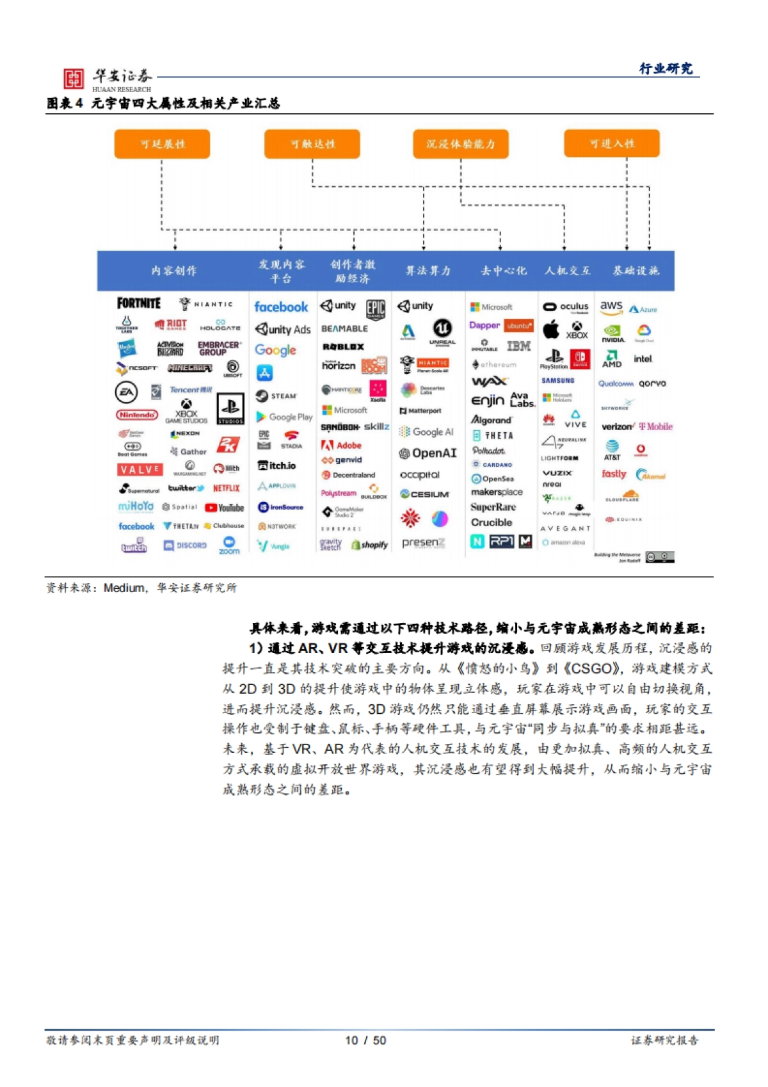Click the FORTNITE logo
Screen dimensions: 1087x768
click(x=139, y=303)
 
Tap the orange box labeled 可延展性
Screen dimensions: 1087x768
click(x=162, y=144)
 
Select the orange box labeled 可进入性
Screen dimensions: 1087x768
click(x=612, y=143)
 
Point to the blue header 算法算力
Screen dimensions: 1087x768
click(x=428, y=271)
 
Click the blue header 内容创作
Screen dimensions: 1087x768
click(x=173, y=271)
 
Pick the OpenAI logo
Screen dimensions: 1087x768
click(x=428, y=453)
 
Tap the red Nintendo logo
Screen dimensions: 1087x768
click(x=136, y=415)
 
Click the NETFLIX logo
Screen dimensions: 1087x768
click(x=226, y=488)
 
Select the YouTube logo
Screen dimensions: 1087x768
click(x=225, y=508)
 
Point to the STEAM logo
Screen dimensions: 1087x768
click(x=276, y=396)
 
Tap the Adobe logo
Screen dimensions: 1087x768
click(x=342, y=446)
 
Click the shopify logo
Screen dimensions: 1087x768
click(x=369, y=545)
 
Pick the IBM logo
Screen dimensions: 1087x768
click(x=518, y=346)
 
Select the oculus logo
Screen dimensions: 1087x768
click(x=566, y=307)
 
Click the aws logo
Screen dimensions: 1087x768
click(x=611, y=307)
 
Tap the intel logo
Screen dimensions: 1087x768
click(x=643, y=359)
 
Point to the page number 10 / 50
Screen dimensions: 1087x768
click(x=365, y=1040)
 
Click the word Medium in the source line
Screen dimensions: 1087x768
click(x=124, y=588)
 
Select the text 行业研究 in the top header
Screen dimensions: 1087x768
click(x=666, y=68)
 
